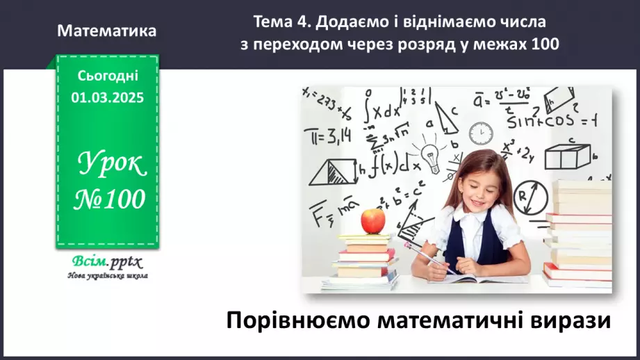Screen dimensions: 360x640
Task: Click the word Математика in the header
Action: pos(107,31)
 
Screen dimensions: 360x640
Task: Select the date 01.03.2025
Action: pos(107,98)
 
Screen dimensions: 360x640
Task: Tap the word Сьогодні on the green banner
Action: pos(107,76)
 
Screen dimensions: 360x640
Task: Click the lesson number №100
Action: pos(110,199)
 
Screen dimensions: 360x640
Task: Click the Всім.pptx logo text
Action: pos(106,262)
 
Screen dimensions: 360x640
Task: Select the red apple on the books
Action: pos(373,221)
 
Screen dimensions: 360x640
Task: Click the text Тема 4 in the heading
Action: pos(282,22)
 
